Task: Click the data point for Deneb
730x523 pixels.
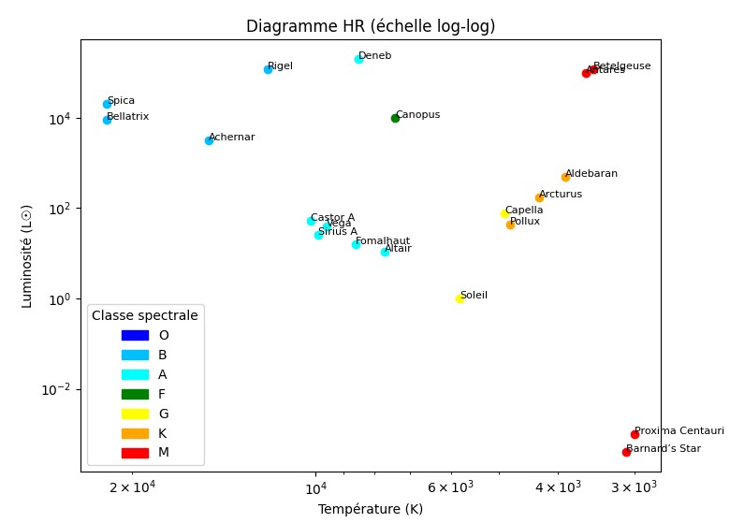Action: click(x=358, y=59)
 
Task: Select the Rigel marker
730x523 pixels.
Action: click(x=268, y=69)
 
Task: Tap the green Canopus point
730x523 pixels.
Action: click(x=395, y=118)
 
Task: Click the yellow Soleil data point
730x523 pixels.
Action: click(x=460, y=298)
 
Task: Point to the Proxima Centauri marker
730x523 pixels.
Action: click(x=635, y=434)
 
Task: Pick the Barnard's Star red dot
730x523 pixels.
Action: click(x=626, y=452)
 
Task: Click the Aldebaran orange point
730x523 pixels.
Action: click(x=565, y=177)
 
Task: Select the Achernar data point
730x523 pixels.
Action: click(x=209, y=140)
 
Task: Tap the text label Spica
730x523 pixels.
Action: click(x=121, y=101)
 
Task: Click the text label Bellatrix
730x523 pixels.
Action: click(x=127, y=117)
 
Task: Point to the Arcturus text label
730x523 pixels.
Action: click(x=561, y=195)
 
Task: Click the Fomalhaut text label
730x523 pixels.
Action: click(x=383, y=241)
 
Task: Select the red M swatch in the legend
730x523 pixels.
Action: click(x=135, y=453)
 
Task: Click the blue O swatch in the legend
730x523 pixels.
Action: click(x=135, y=335)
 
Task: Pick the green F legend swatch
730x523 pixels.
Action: click(x=135, y=394)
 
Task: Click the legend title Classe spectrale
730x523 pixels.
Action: click(x=145, y=315)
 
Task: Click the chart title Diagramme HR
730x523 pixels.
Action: click(x=371, y=26)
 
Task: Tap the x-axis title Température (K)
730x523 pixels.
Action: click(x=371, y=509)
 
